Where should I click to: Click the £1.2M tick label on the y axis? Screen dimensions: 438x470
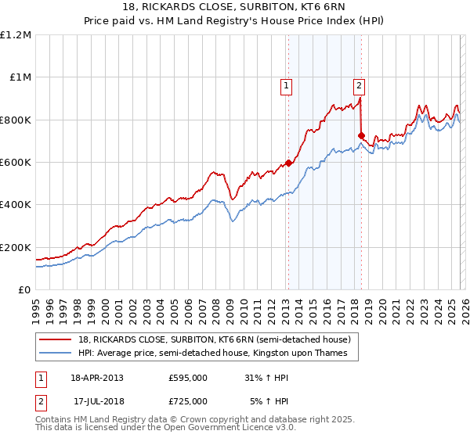16,35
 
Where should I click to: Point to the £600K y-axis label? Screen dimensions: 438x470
16,163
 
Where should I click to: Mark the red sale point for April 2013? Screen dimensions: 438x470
288,163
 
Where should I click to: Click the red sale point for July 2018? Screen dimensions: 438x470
361,136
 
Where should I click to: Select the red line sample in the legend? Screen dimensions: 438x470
56,339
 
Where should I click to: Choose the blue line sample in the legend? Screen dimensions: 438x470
56,354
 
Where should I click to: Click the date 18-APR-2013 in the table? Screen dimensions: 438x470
97,378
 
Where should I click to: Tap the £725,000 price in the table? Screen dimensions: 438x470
187,401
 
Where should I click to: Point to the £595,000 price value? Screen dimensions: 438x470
187,378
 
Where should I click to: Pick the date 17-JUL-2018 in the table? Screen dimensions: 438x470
98,401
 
